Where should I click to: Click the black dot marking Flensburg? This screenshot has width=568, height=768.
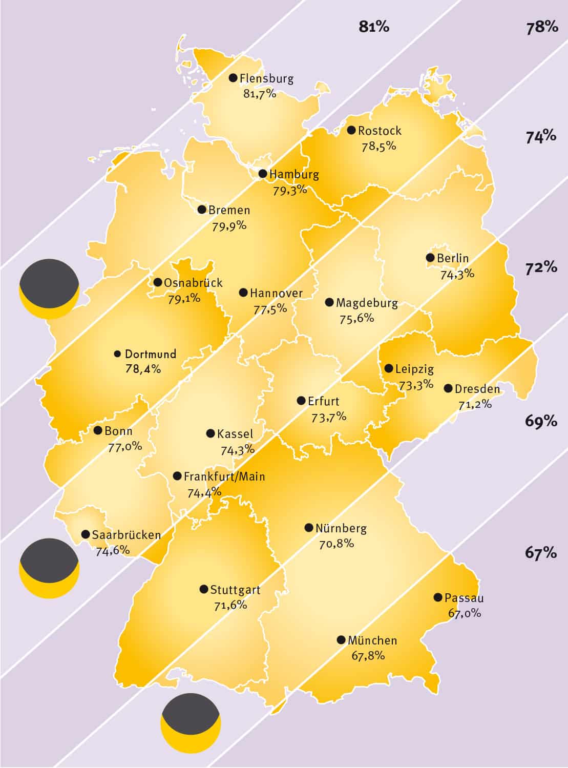[x=233, y=78]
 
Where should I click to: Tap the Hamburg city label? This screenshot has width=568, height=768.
[x=294, y=174]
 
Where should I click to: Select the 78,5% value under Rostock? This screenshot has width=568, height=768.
[x=379, y=146]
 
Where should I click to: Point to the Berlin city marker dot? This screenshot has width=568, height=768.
[x=430, y=258]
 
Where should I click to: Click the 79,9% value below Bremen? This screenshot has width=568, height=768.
[x=229, y=225]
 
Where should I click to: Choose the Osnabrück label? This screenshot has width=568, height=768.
[x=193, y=283]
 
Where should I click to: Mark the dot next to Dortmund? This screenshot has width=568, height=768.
[x=117, y=354]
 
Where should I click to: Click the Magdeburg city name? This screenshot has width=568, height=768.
[x=367, y=303]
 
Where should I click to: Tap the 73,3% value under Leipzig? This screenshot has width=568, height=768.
[x=416, y=384]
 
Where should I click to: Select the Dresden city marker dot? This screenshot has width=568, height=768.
[x=448, y=388]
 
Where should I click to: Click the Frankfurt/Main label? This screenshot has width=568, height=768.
[x=224, y=476]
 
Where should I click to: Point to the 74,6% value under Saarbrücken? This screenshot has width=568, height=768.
[x=113, y=551]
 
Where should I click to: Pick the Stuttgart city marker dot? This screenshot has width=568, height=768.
[x=203, y=589]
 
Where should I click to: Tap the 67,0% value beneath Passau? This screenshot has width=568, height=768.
[x=465, y=613]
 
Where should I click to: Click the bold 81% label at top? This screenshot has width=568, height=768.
[x=374, y=27]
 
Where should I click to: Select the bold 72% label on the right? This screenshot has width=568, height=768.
[x=541, y=267]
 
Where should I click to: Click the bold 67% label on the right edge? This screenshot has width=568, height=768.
[x=541, y=553]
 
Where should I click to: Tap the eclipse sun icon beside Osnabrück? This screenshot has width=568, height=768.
[x=49, y=289]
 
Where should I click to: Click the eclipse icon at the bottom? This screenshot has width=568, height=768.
[x=191, y=723]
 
